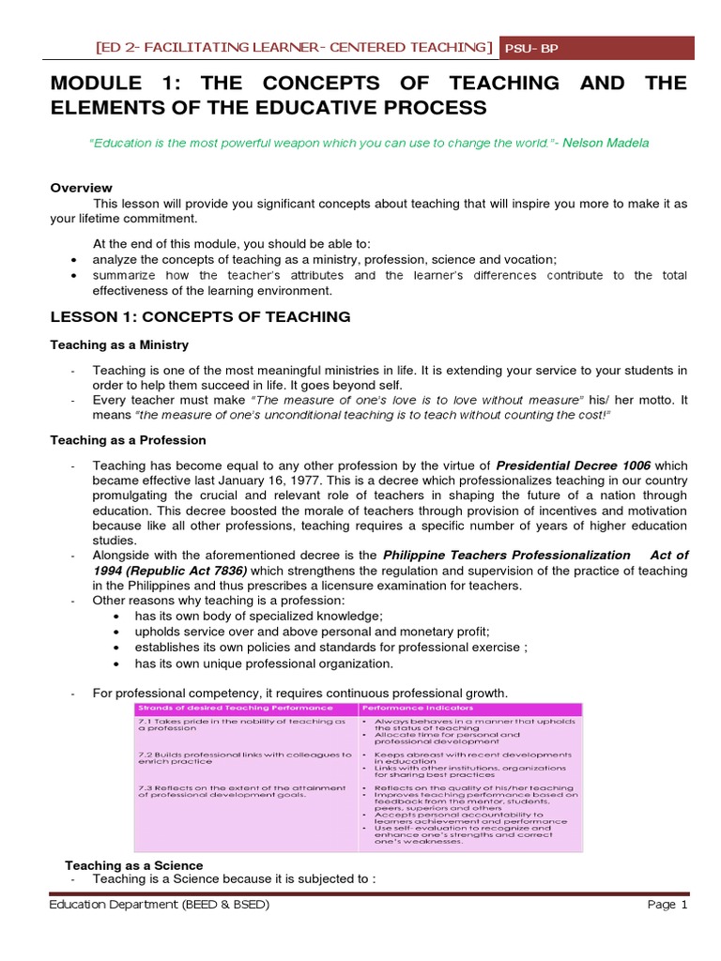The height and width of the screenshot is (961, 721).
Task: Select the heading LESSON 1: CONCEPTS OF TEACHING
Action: [x=200, y=317]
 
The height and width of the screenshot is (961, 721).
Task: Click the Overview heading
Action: [x=81, y=188]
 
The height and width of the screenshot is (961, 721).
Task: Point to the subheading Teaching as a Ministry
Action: [x=119, y=345]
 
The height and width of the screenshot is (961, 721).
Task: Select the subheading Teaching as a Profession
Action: [x=128, y=439]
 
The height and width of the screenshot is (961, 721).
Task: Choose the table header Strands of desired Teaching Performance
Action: [x=236, y=707]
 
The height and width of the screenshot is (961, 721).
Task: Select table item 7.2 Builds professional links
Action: [x=244, y=758]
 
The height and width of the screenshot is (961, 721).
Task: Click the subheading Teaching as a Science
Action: [x=133, y=864]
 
